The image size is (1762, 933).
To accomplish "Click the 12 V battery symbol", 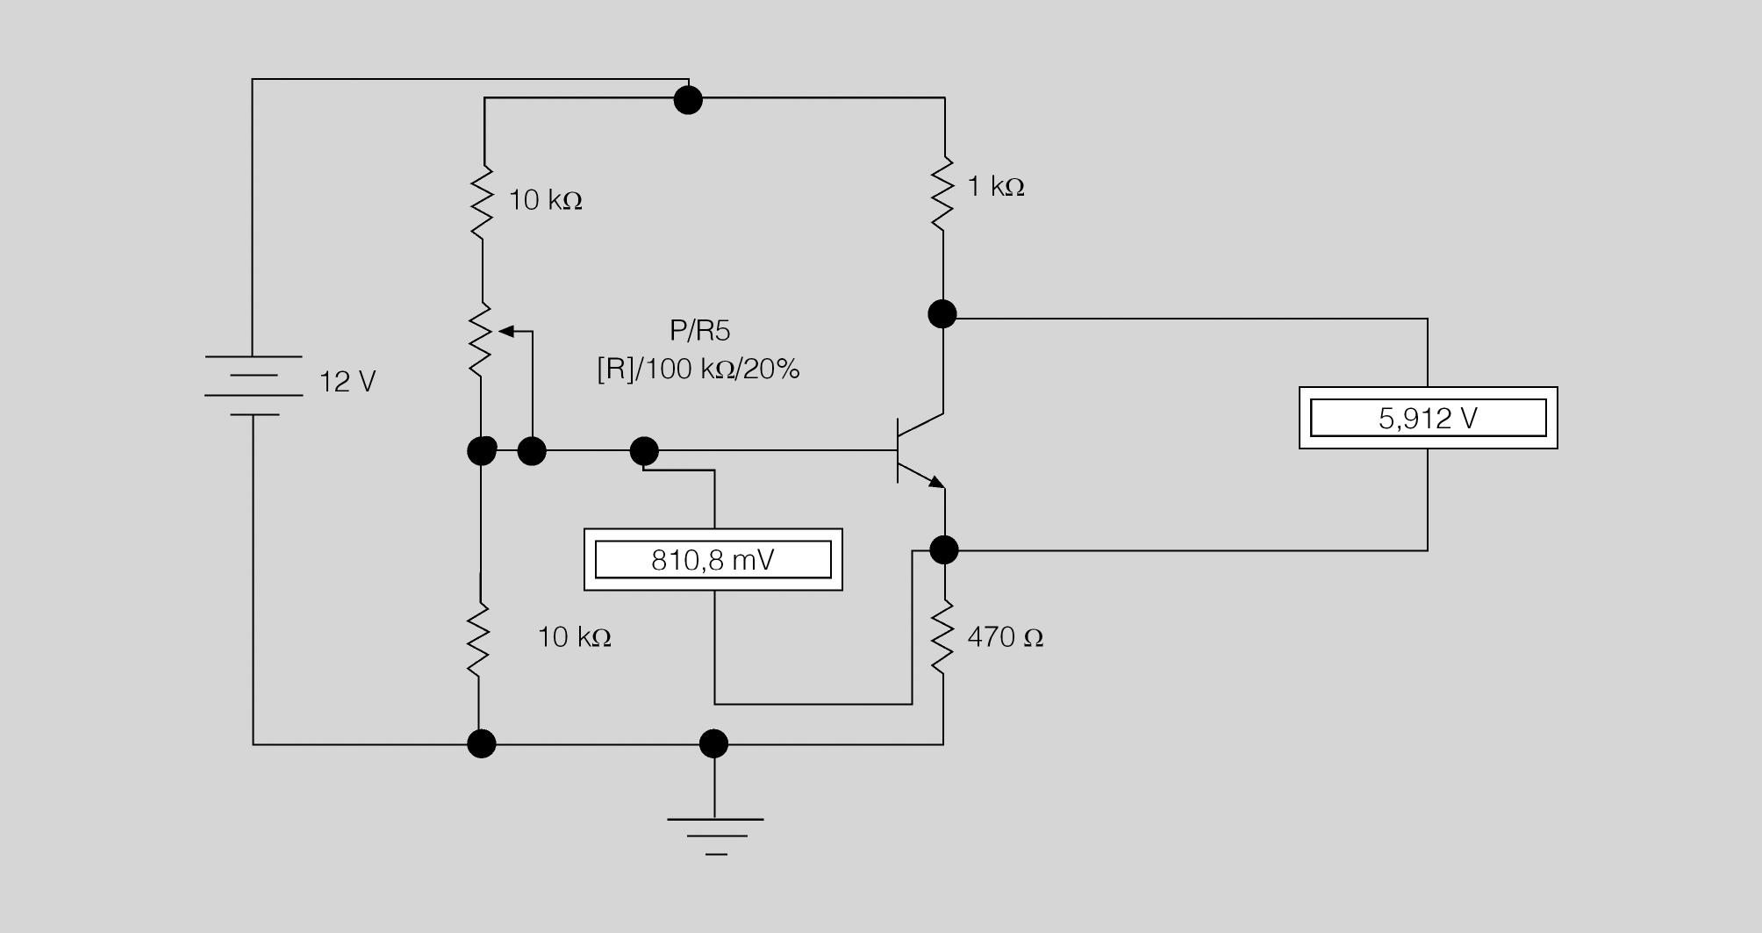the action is [x=254, y=385].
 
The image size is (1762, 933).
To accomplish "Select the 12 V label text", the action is [x=347, y=382].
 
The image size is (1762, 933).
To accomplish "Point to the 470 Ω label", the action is [x=1005, y=637].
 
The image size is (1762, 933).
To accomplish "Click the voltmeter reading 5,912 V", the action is [x=1428, y=418].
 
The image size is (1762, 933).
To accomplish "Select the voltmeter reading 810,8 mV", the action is [x=713, y=559].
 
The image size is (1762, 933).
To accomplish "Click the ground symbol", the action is [x=715, y=836].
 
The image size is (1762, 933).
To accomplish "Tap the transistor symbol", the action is [x=920, y=451].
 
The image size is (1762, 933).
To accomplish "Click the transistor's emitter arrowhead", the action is [x=937, y=481].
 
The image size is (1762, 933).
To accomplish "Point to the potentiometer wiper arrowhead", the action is [x=505, y=331].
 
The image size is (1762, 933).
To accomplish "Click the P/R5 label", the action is [x=699, y=331].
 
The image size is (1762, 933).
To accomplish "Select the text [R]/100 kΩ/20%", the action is [x=698, y=370].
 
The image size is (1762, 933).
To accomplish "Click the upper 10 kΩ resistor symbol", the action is [x=482, y=200].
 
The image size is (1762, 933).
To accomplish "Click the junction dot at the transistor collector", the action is [x=942, y=313].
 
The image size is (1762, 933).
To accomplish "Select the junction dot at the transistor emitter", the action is [x=943, y=550].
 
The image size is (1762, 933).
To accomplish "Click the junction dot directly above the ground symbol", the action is [x=714, y=744].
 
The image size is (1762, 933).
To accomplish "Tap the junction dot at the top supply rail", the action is [x=688, y=100].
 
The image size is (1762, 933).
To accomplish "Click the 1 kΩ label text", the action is [x=996, y=186].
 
